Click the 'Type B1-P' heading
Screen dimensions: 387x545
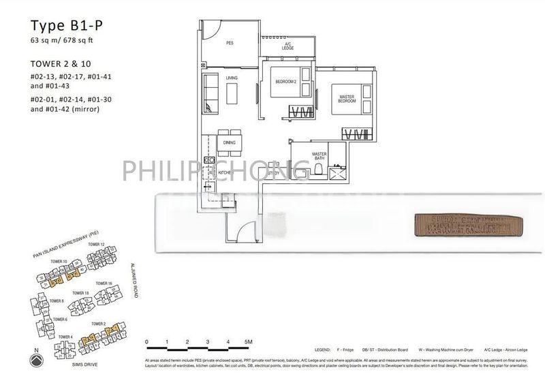pyautogui.click(x=60, y=28)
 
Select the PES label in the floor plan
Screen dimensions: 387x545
pyautogui.click(x=230, y=43)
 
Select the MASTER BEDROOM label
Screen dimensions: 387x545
pyautogui.click(x=347, y=99)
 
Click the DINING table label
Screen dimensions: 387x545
pyautogui.click(x=229, y=142)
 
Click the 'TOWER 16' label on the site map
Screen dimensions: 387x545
pyautogui.click(x=104, y=283)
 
